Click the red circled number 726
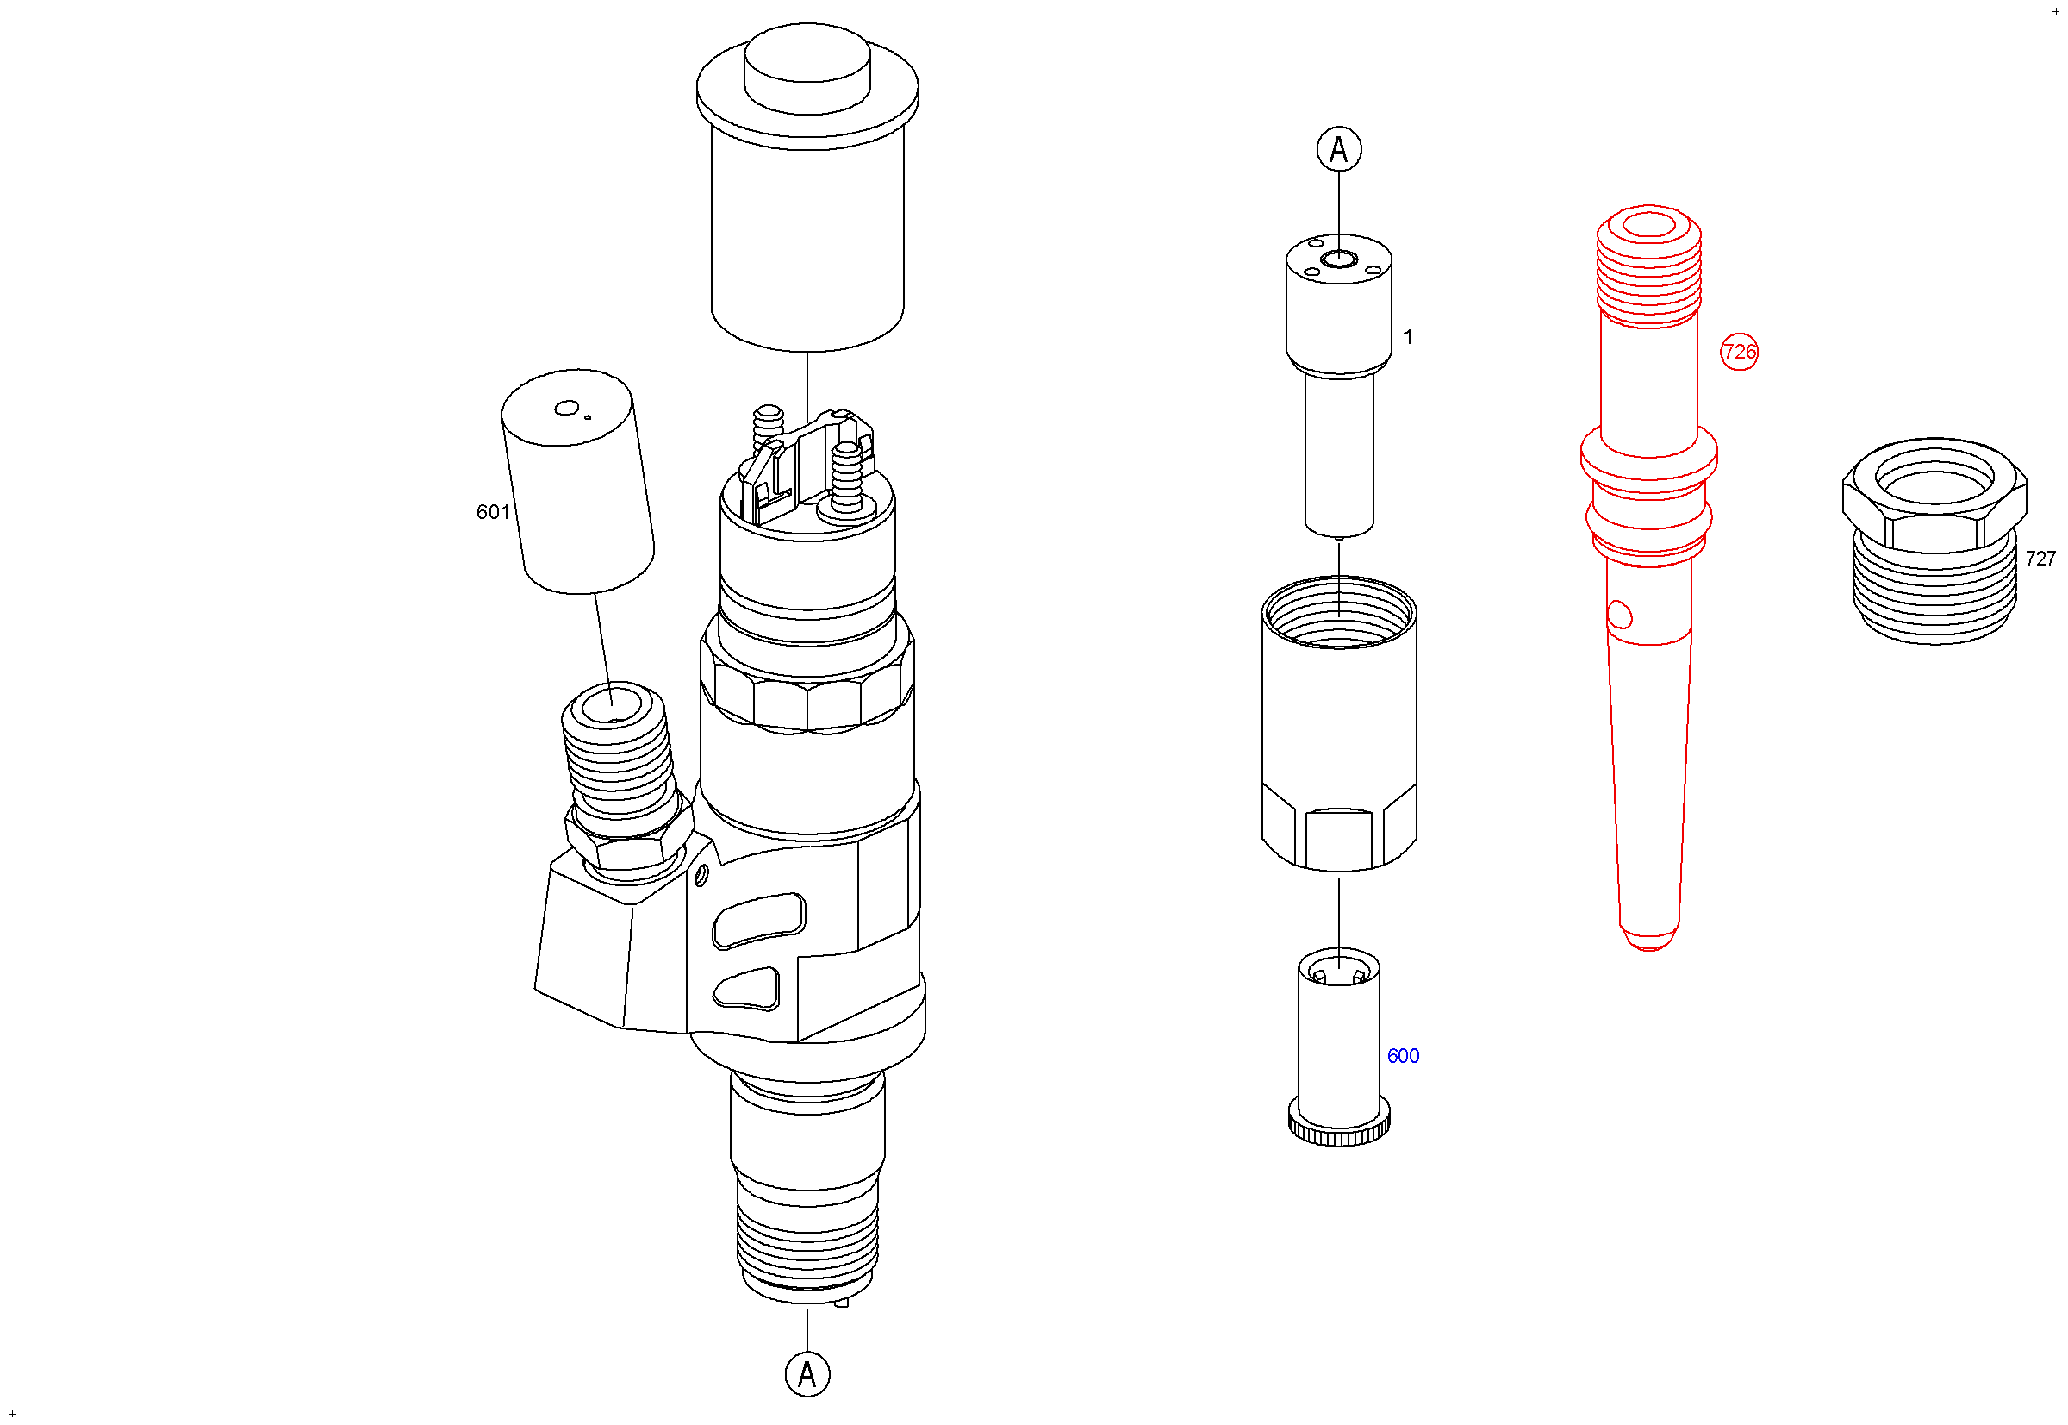click(x=1738, y=352)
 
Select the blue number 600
click(x=1402, y=1055)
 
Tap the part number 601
click(x=493, y=511)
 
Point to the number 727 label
click(x=2040, y=558)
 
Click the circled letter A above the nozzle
click(x=1339, y=149)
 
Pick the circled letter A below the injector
click(x=807, y=1374)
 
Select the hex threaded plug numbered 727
click(x=1934, y=541)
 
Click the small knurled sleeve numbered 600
click(x=1338, y=1047)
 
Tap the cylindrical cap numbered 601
click(x=577, y=480)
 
